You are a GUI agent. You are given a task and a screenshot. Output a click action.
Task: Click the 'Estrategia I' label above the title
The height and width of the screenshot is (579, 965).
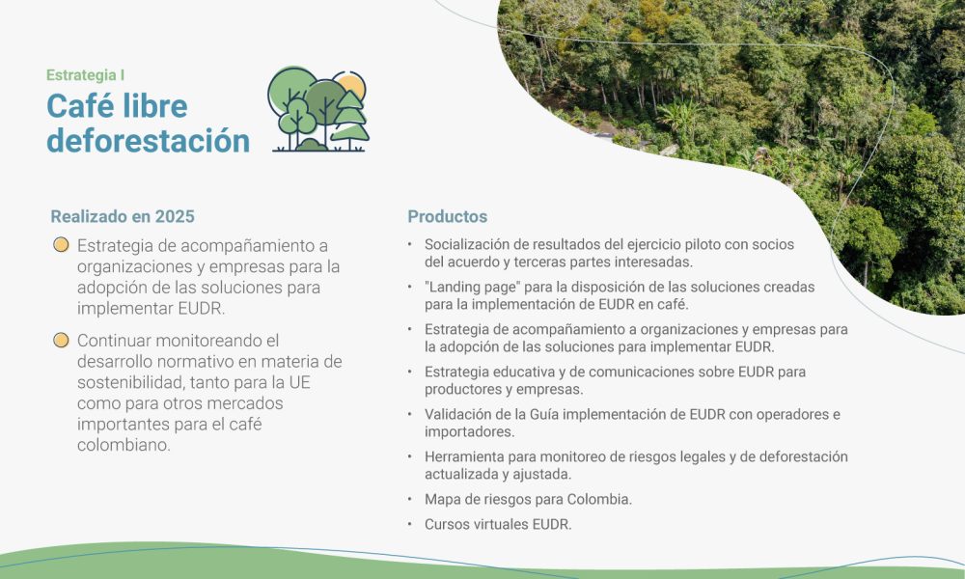(85, 74)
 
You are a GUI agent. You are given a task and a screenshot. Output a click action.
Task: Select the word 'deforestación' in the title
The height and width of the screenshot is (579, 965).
(148, 140)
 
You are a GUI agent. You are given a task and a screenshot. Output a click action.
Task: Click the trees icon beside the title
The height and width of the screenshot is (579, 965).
(318, 110)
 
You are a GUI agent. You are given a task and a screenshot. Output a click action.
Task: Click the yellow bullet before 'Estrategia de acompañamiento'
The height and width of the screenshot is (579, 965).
(61, 245)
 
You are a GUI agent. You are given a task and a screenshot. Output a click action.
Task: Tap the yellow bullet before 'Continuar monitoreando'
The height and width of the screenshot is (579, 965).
(61, 340)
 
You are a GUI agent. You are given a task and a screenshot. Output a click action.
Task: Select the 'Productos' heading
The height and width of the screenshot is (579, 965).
(447, 216)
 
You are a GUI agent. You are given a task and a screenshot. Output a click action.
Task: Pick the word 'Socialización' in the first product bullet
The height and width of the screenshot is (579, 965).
(469, 244)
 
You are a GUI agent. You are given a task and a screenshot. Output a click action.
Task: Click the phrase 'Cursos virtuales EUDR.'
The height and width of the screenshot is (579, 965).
(498, 525)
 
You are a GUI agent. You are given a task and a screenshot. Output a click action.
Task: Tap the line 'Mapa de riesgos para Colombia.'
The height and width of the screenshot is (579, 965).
(528, 500)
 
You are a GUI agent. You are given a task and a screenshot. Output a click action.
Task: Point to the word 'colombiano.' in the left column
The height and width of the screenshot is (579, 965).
(124, 445)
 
